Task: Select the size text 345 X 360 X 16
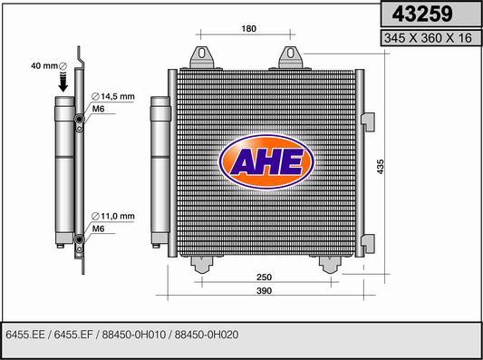point(429,38)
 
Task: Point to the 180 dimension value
point(250,29)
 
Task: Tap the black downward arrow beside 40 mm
point(63,83)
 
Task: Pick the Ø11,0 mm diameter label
point(113,217)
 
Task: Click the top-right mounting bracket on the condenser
point(292,57)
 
